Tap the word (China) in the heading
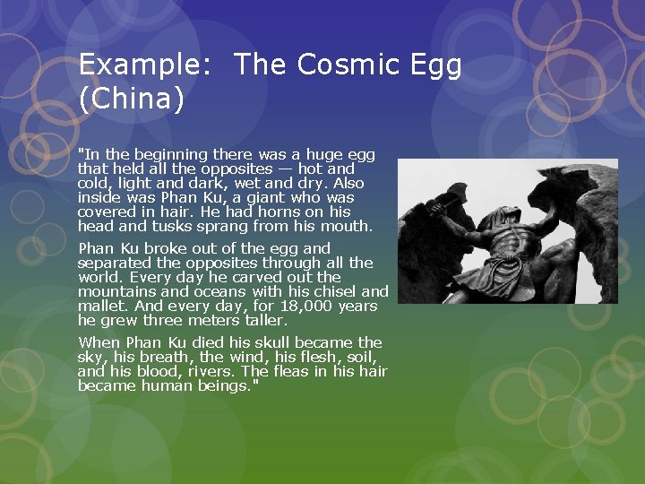click(131, 98)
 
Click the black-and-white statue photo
click(508, 231)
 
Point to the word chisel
click(333, 291)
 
